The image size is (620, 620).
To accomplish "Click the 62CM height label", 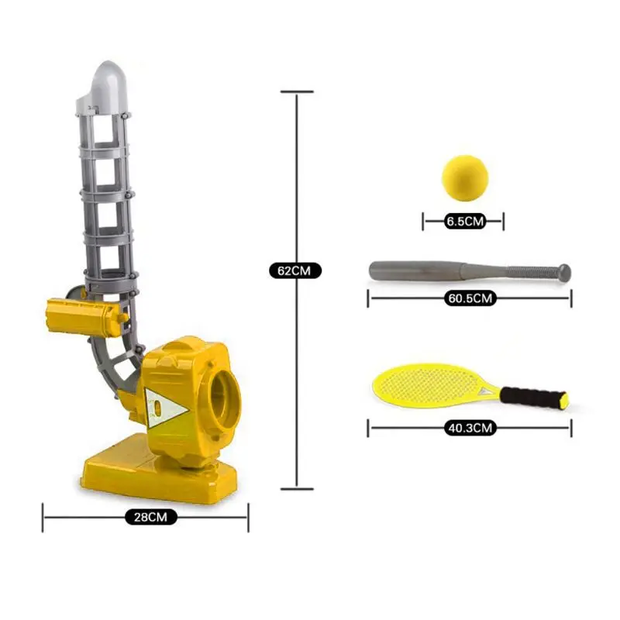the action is (295, 270).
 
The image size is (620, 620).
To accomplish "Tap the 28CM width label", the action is (150, 517).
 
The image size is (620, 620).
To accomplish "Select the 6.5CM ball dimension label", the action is (465, 221).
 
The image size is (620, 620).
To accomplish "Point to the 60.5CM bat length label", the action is (470, 298).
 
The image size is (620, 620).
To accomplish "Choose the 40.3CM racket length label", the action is (470, 428).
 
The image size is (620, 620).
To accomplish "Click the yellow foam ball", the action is (465, 178).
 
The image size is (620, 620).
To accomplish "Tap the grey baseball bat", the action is (470, 271).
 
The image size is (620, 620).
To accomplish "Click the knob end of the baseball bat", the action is (564, 273).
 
